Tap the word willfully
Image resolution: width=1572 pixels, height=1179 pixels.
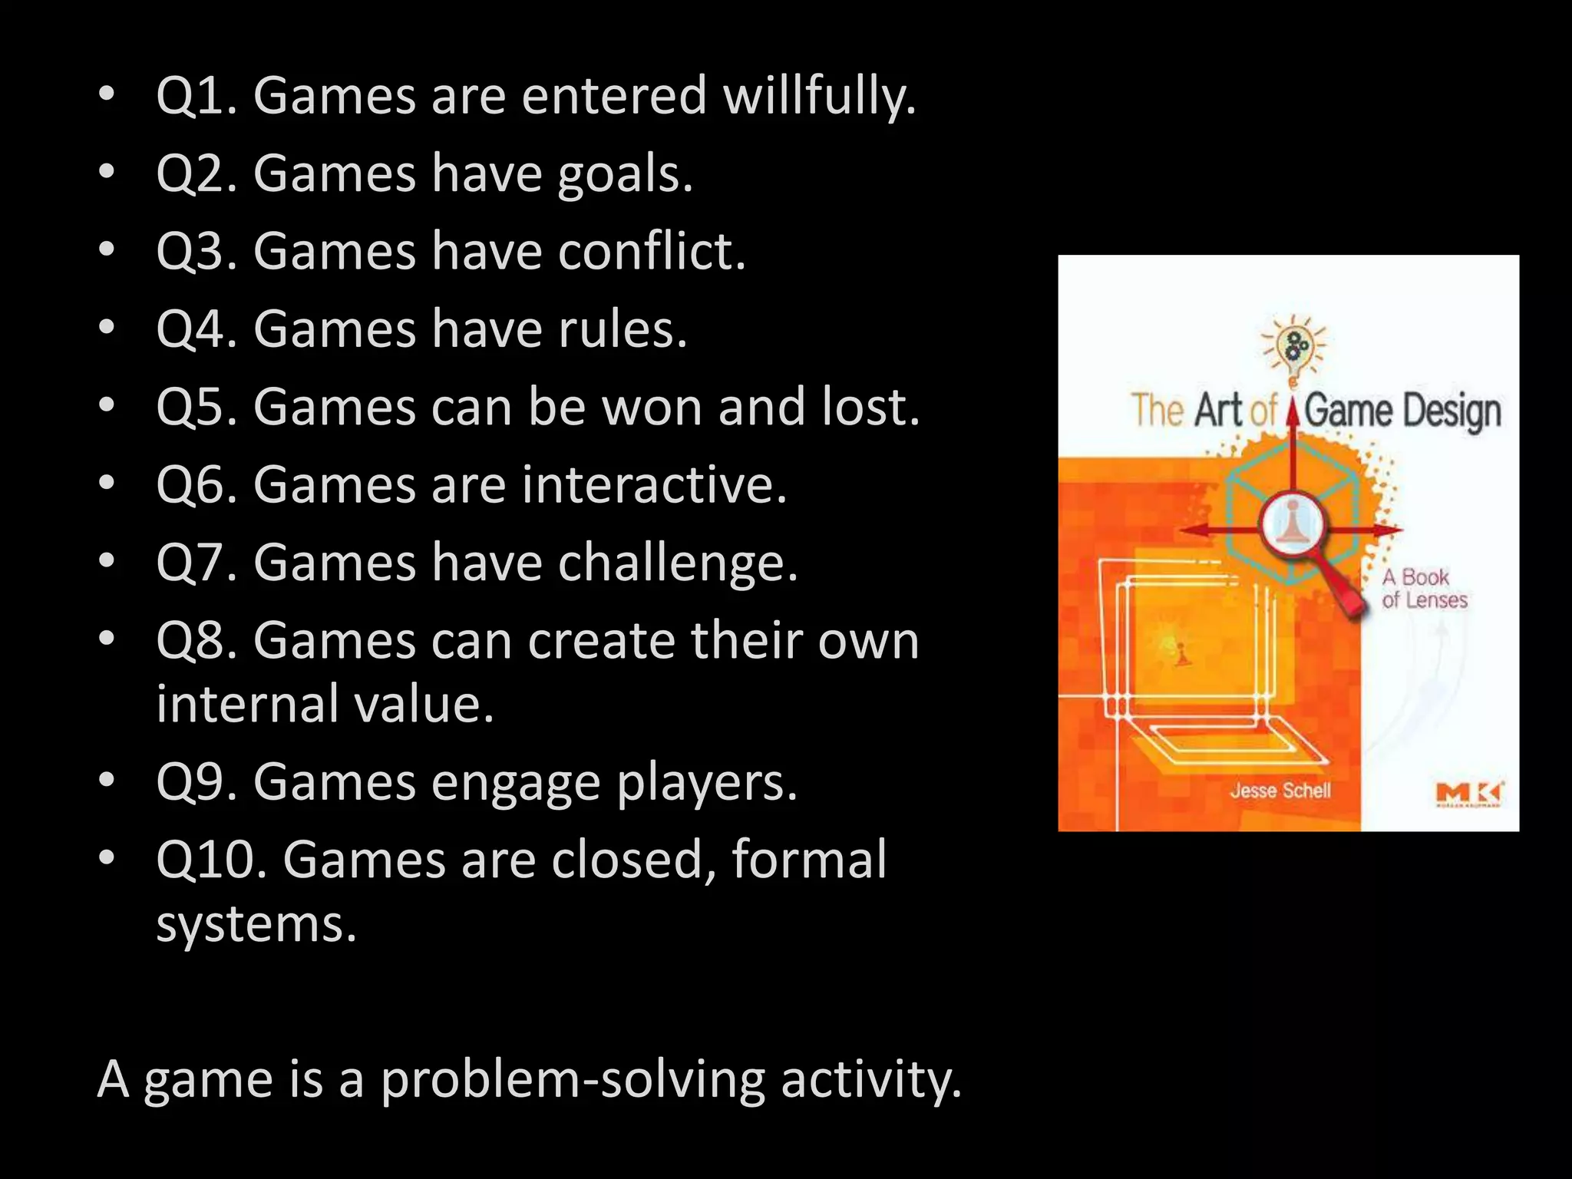819,97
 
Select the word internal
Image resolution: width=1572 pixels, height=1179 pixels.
246,704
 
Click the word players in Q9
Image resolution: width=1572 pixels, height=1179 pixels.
707,783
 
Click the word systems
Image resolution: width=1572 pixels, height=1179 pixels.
256,924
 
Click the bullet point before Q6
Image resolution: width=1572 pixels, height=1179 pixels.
107,484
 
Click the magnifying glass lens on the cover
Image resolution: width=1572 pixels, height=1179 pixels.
1293,524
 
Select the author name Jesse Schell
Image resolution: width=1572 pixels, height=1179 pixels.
1280,791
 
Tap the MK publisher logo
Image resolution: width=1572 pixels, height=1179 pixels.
1469,794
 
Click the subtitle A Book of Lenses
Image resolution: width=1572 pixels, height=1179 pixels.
1424,588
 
